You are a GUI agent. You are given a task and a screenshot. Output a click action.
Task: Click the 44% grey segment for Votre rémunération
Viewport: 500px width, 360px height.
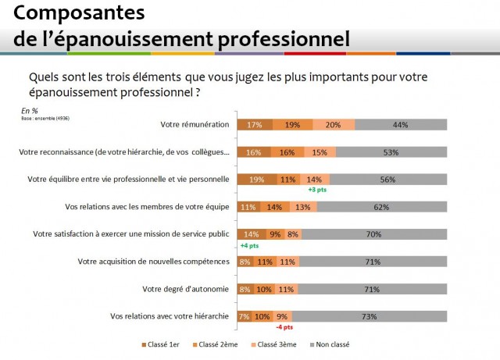[401, 125]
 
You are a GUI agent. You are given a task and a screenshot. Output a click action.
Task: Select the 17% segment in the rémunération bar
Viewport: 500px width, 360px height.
[254, 125]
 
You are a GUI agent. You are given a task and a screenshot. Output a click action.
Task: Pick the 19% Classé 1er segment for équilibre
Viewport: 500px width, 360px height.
[256, 180]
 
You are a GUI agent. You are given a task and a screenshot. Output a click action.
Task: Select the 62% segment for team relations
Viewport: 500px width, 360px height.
[382, 207]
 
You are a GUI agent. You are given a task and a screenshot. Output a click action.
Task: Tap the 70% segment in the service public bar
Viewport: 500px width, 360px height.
[373, 234]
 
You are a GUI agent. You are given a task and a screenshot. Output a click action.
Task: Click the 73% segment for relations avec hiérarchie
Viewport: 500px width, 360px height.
[370, 316]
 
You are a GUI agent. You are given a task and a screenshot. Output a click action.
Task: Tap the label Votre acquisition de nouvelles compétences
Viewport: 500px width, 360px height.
[152, 262]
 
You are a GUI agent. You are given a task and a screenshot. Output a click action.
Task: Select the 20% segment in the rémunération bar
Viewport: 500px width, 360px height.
[334, 125]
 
